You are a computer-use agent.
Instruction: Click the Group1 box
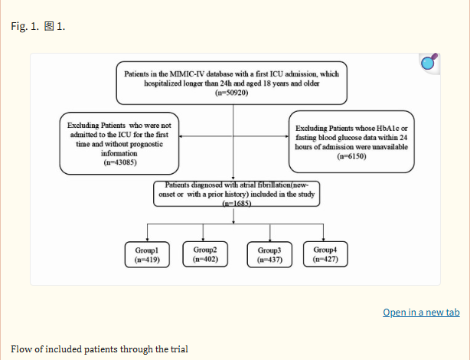(147, 255)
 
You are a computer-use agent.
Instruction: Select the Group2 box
(205, 254)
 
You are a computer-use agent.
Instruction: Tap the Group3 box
(269, 255)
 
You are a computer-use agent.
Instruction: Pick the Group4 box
(325, 254)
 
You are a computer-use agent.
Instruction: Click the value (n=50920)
(232, 93)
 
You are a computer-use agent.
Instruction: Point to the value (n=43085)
(120, 162)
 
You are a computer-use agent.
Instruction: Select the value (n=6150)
(351, 156)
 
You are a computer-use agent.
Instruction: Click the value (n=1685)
(237, 204)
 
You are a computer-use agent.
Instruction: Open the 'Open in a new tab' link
(421, 313)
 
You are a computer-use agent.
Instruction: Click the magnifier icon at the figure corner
(429, 62)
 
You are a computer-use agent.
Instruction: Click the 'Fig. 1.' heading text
(25, 26)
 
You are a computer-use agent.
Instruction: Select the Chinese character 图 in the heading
(49, 26)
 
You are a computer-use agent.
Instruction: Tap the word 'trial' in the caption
(179, 349)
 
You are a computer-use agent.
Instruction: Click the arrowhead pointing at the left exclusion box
(181, 136)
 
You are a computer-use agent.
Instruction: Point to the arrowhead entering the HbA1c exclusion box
(287, 136)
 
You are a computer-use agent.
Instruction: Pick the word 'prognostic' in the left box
(146, 144)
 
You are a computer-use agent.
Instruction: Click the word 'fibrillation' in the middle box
(274, 185)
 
